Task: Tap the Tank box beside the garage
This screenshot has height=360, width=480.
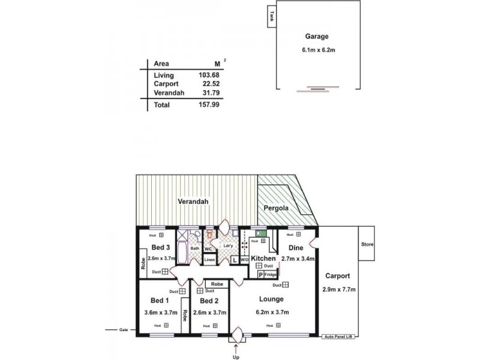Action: (x=272, y=16)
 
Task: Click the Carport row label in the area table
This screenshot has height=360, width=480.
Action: (x=166, y=84)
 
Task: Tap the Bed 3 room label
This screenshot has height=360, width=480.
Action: (x=160, y=247)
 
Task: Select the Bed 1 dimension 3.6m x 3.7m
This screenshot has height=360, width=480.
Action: (x=161, y=312)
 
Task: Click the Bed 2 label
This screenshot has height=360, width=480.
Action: (x=209, y=301)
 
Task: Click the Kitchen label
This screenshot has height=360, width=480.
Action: (x=263, y=258)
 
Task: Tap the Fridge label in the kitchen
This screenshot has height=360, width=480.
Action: (x=271, y=274)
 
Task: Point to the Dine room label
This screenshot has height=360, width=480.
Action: (x=295, y=247)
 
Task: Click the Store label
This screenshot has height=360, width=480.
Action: (x=367, y=244)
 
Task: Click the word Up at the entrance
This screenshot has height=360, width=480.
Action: (x=236, y=356)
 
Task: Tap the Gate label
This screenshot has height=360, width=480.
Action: (x=124, y=329)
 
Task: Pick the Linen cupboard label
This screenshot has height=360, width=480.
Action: (x=209, y=260)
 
